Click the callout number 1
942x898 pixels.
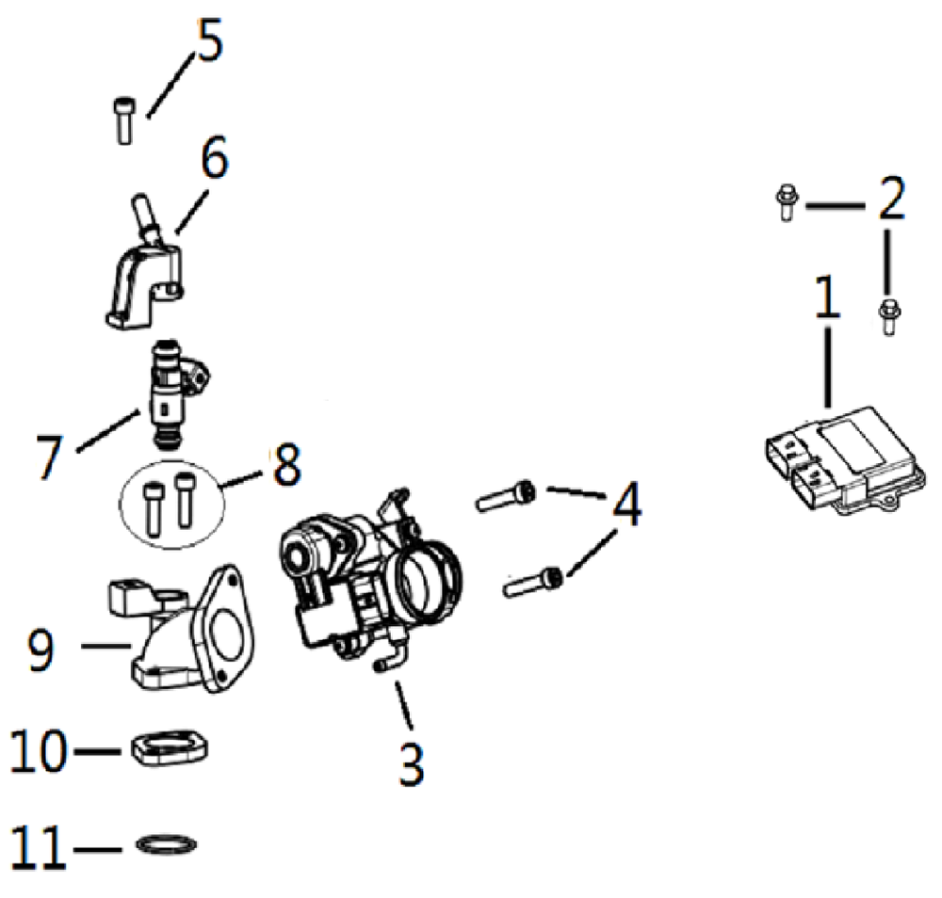point(827,297)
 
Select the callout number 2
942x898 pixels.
point(891,198)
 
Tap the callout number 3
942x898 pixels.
point(412,763)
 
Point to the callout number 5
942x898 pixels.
point(209,40)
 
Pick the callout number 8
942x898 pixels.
point(286,464)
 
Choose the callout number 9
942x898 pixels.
point(41,649)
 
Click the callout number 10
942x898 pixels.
point(39,749)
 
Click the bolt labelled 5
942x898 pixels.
point(124,120)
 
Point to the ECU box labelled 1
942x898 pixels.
point(846,460)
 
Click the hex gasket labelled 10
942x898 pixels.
point(171,748)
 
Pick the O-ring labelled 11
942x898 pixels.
point(167,846)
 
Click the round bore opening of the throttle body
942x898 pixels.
point(428,581)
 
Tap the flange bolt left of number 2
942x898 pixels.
point(786,202)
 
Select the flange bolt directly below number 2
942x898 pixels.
point(889,315)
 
